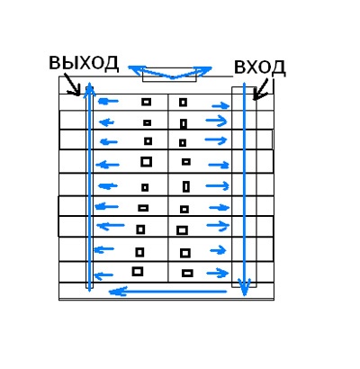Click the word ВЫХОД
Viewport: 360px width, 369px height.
coord(84,64)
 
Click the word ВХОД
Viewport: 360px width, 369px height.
coord(259,67)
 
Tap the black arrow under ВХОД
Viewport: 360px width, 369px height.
coord(261,89)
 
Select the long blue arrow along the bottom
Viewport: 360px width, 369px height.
coord(167,292)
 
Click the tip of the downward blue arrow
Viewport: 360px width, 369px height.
coord(245,295)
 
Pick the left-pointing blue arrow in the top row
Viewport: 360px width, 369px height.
coord(108,102)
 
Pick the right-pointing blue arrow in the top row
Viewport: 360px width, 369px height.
coord(220,105)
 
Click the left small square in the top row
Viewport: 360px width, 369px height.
coord(146,102)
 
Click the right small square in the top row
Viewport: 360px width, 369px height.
coord(183,103)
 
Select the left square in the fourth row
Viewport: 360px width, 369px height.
coord(146,162)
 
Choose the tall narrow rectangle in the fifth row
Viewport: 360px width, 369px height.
coord(186,186)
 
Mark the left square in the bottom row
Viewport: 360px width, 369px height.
coord(138,272)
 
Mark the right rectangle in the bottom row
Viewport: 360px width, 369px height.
coord(187,274)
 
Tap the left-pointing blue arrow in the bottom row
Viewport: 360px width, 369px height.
coord(103,274)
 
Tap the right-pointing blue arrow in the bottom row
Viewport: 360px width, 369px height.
coord(218,273)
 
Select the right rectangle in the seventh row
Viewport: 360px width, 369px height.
coord(182,230)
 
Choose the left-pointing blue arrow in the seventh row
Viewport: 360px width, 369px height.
coord(111,225)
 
